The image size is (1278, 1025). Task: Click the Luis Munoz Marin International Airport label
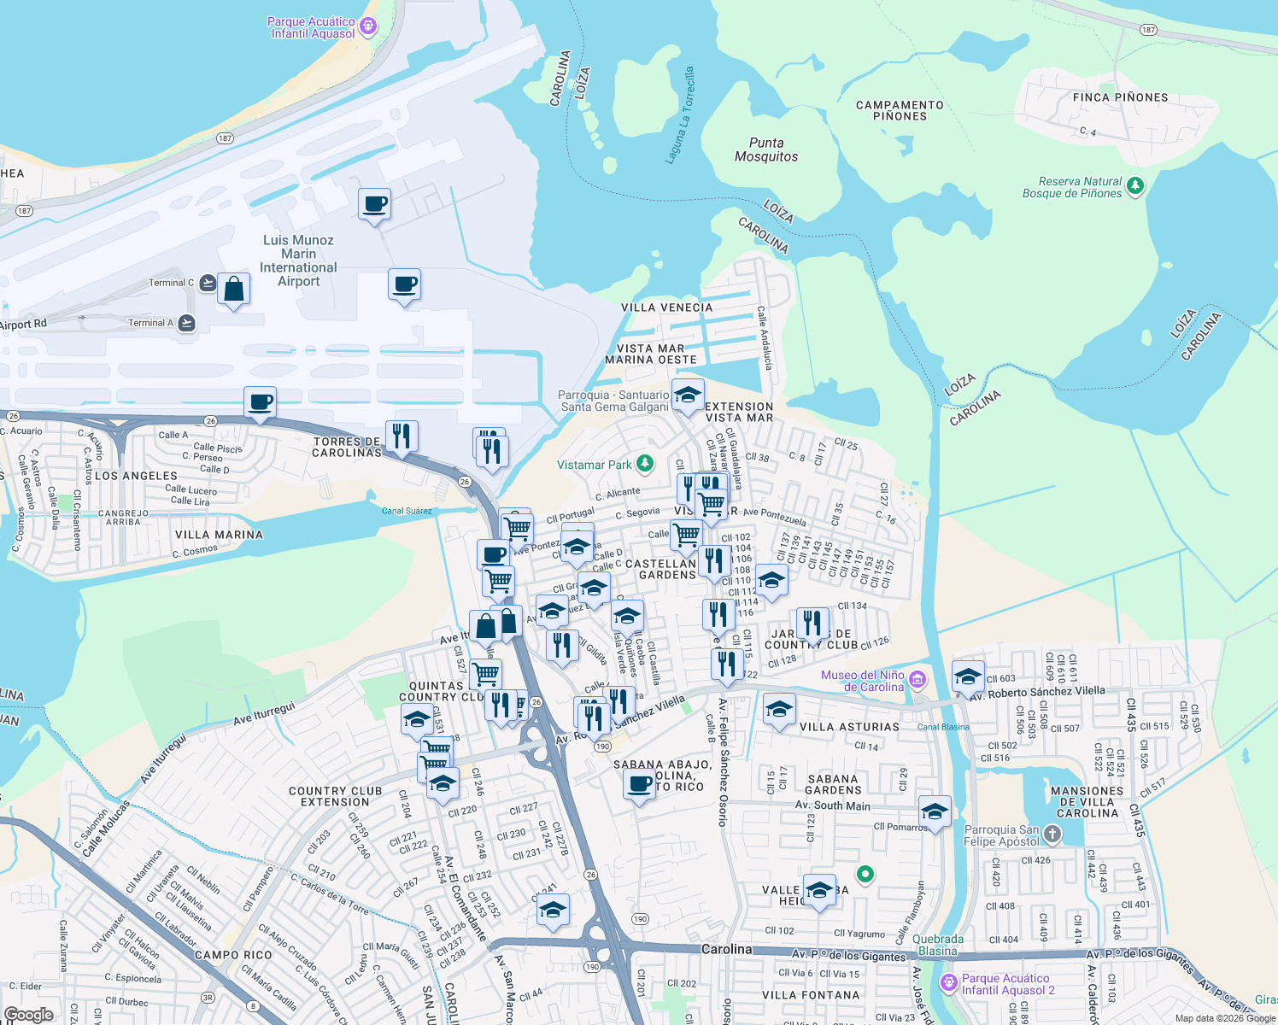pos(298,261)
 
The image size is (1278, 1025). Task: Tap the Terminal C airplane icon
pos(208,283)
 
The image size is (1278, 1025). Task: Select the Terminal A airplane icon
pos(187,323)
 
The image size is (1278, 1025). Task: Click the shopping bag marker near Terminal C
pos(233,290)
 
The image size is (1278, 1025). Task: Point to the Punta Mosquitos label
pos(766,149)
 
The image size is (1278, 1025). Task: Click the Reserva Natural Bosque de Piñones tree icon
pos(1134,185)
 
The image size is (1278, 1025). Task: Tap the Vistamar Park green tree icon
pos(645,464)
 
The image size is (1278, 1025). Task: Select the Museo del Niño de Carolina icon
pos(917,680)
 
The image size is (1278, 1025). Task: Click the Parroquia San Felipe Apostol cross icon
pos(1052,835)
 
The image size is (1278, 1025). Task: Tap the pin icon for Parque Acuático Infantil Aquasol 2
pos(948,983)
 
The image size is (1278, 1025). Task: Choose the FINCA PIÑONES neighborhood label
pos(1120,97)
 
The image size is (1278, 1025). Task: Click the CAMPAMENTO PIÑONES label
pos(900,110)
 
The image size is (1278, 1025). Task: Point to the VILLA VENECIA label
pos(666,307)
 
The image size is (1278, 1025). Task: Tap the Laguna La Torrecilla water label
pos(680,115)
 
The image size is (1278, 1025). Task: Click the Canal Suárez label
pos(407,511)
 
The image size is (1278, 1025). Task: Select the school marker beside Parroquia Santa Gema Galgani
pos(688,395)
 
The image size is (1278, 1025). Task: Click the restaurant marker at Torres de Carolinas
pos(402,436)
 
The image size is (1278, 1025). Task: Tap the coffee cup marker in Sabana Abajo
pos(639,783)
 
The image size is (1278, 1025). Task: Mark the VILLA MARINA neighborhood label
pos(219,535)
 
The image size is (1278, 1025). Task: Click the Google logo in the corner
pos(28,1014)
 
